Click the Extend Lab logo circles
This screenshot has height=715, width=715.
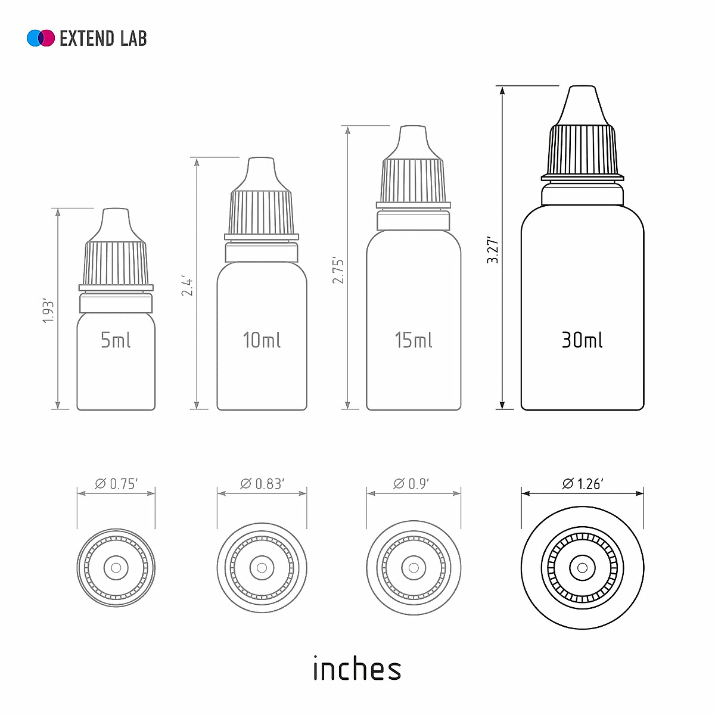(x=41, y=38)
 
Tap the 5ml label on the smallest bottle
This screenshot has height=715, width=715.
(x=116, y=340)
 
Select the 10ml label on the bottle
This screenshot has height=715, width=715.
(x=262, y=340)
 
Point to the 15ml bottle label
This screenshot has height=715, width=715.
(x=414, y=340)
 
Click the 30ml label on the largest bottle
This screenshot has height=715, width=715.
(x=582, y=340)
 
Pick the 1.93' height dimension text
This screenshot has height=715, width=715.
(x=49, y=310)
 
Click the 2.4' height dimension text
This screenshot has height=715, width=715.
(x=187, y=287)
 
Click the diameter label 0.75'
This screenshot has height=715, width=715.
(x=116, y=484)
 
